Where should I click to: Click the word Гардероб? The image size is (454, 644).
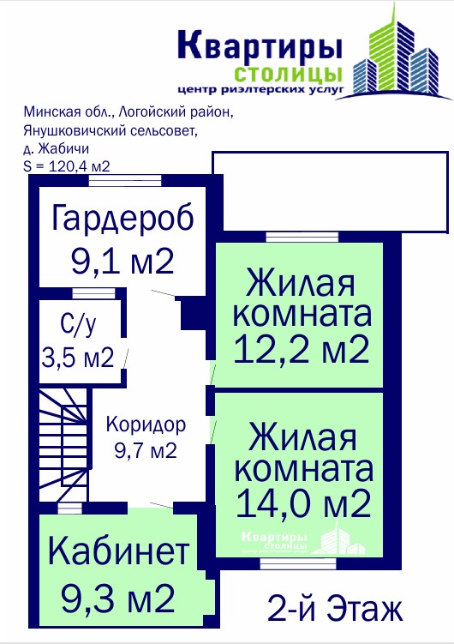point(122,219)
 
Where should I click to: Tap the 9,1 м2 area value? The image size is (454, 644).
point(122,262)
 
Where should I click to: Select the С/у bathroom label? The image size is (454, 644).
point(78,324)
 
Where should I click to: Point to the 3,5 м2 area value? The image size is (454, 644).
point(77,358)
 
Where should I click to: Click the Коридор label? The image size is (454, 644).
point(146,425)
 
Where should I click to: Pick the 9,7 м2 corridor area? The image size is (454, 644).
point(146,450)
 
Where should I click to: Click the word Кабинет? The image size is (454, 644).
point(119,551)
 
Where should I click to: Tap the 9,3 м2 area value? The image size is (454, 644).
point(118,599)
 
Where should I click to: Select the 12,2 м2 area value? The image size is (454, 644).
point(302,349)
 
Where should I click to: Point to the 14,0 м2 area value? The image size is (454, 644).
point(303,503)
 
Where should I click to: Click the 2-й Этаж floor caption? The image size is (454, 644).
point(335,608)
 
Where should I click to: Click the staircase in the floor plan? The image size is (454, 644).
point(63,445)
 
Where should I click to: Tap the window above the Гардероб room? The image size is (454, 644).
point(126,181)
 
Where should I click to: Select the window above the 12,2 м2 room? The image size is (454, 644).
point(302,237)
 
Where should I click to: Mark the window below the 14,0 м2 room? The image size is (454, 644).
point(298,564)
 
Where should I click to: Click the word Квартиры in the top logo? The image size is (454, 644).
point(260,44)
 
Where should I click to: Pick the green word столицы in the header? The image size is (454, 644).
point(288,74)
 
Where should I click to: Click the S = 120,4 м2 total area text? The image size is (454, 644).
point(67,166)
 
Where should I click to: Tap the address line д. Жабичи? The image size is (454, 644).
point(57,148)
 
